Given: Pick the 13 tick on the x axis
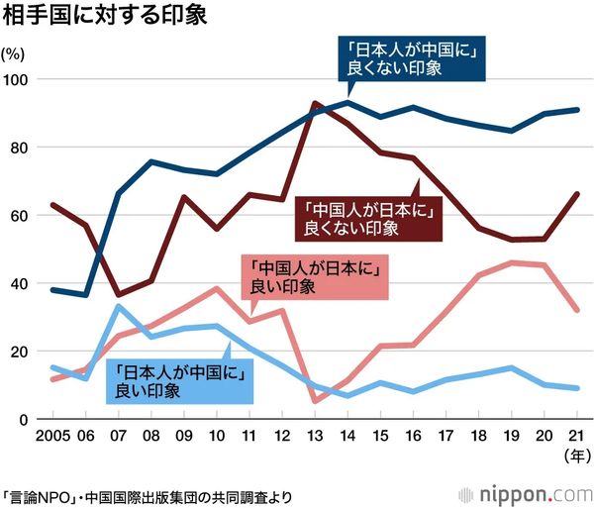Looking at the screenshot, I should click(314, 436).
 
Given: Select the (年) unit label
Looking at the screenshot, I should click(575, 456).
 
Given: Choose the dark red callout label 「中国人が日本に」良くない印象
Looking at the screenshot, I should click(366, 218).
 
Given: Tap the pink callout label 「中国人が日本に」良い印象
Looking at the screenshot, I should click(317, 277).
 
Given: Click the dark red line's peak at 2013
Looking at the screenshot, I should click(314, 103).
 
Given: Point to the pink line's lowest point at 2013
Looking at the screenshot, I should click(314, 401).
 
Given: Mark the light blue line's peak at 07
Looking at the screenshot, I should click(118, 306).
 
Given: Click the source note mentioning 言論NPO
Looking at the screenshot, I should click(148, 493).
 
